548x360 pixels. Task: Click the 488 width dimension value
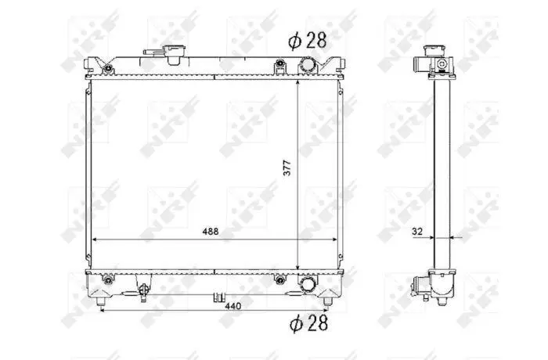click(x=211, y=232)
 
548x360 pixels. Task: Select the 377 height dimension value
click(x=287, y=167)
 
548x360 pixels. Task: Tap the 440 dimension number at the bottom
click(x=233, y=306)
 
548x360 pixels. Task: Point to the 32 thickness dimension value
click(x=417, y=232)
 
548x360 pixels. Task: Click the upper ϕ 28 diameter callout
click(x=307, y=41)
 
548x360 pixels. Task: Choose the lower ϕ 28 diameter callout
click(x=308, y=322)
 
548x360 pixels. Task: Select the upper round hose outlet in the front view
click(x=308, y=65)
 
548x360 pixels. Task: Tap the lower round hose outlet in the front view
click(x=308, y=283)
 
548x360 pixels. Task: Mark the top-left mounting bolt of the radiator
click(x=109, y=69)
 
